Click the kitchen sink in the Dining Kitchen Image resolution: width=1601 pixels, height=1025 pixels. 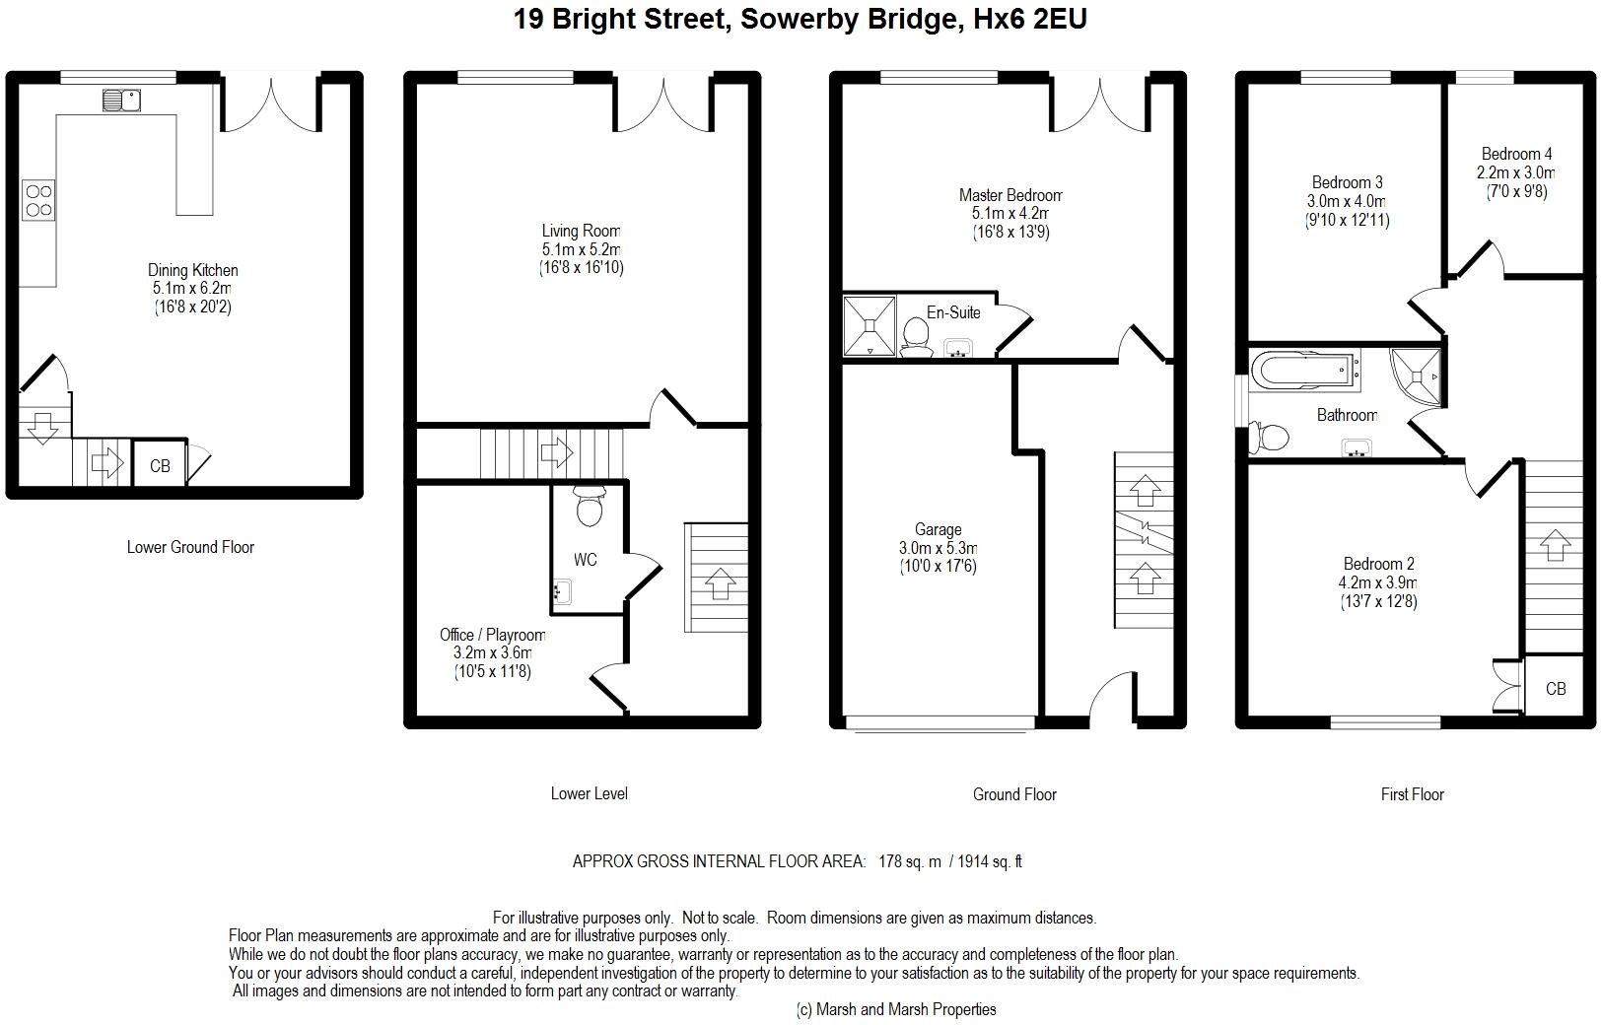pos(121,101)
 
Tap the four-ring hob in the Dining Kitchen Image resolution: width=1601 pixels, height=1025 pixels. pos(38,200)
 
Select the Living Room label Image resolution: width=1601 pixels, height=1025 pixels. pos(581,231)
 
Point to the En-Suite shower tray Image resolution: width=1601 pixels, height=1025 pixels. pos(870,326)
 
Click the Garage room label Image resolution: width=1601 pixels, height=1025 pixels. pos(938,529)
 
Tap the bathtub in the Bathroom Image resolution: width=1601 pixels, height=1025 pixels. pos(1305,371)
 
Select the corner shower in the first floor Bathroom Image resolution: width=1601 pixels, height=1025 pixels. pos(1416,376)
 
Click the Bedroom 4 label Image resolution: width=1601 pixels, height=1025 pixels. pos(1516,154)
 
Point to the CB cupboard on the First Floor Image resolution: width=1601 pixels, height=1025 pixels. pos(1556,688)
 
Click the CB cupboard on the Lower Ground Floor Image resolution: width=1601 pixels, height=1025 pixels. pos(160,466)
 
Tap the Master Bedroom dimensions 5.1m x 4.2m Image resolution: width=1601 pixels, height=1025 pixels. pos(1009,213)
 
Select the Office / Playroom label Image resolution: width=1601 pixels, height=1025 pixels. pos(493,635)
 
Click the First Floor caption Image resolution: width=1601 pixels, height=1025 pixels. pos(1413,794)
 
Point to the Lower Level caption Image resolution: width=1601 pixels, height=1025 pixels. pos(589,793)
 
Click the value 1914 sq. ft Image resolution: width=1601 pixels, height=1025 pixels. pos(989,861)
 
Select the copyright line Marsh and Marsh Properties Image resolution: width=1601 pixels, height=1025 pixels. pos(896,1009)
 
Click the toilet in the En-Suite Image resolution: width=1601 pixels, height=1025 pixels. pos(916,336)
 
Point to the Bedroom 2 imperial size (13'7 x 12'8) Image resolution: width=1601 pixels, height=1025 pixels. pos(1378,601)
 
